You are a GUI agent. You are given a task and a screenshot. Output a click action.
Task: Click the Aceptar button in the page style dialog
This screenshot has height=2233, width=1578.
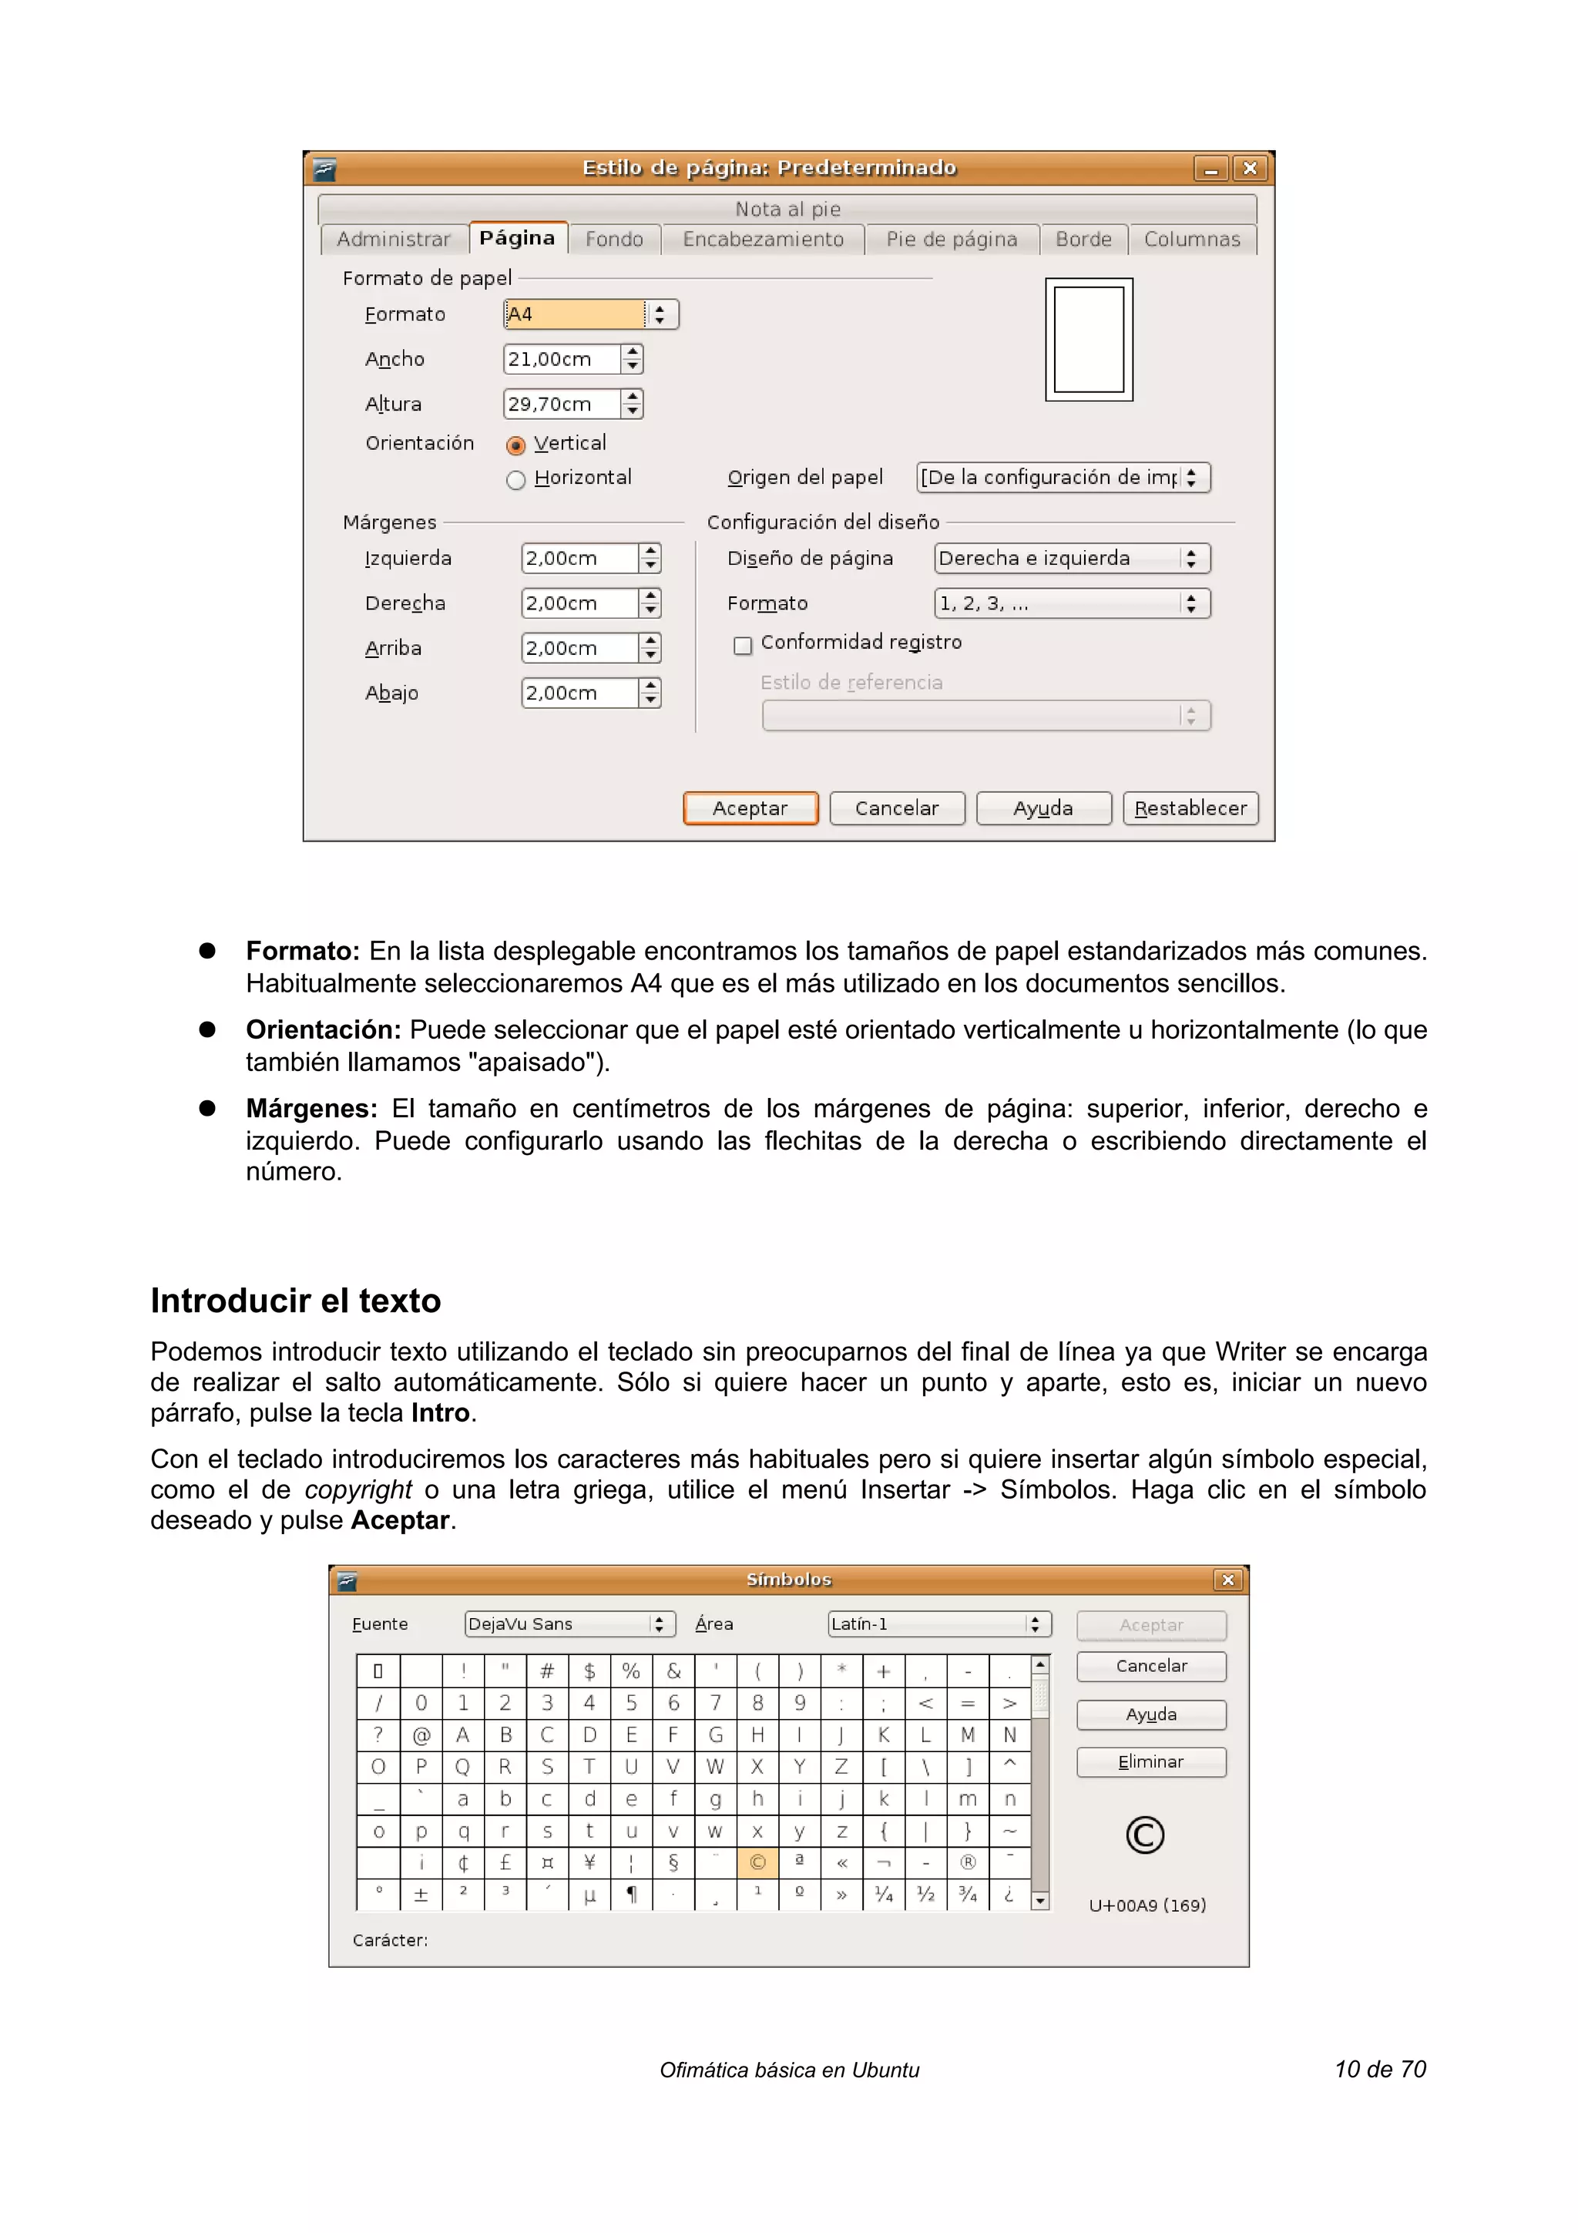[750, 808]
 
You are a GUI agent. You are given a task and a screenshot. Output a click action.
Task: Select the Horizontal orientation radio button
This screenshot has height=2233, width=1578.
[516, 479]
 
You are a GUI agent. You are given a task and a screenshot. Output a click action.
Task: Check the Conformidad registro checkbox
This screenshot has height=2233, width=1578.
[743, 645]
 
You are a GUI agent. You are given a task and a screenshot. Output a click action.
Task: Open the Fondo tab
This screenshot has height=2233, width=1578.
[613, 239]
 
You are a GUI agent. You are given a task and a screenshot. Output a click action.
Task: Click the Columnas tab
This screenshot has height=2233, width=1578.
[1191, 239]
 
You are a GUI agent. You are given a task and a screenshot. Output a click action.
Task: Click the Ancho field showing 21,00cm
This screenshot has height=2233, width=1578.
[562, 359]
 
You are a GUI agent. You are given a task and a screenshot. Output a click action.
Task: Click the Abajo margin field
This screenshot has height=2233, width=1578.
[579, 693]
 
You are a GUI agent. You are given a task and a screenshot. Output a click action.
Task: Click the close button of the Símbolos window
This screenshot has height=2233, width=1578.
[1227, 1580]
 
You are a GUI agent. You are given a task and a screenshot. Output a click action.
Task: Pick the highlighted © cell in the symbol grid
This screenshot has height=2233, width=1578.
[757, 1862]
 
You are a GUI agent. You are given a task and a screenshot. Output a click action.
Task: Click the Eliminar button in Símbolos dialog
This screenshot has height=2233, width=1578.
[1150, 1761]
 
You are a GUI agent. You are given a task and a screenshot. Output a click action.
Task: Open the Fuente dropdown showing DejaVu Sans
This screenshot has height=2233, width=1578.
[569, 1624]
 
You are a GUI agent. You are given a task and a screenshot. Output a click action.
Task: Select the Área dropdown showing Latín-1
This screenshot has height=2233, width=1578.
[938, 1624]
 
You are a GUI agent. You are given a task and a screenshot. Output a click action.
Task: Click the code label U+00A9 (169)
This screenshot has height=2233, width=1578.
[1147, 1904]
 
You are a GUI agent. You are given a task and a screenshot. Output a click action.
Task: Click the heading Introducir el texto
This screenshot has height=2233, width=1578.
[296, 1301]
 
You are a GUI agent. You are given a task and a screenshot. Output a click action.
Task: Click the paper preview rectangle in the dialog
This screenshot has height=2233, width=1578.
[1088, 340]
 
